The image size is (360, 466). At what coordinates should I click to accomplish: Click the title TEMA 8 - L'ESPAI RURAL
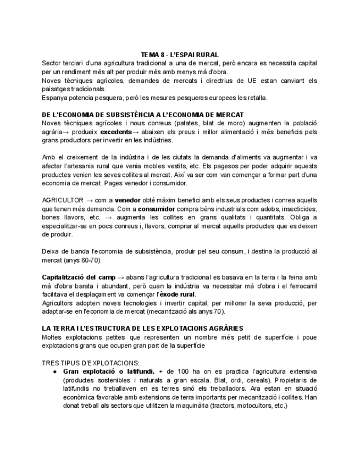[180, 54]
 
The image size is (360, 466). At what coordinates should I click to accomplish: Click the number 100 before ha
[179, 371]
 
